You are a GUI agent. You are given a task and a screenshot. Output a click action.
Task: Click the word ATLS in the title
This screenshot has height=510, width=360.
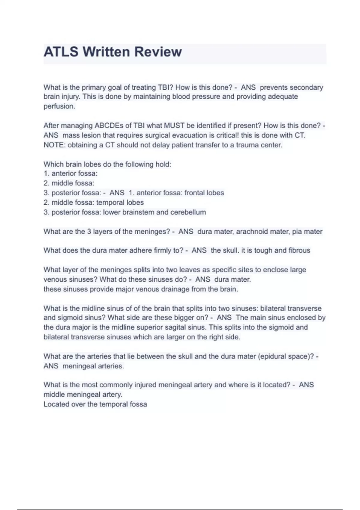click(x=61, y=52)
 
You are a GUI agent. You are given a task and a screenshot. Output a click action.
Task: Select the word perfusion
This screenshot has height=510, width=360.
click(x=59, y=106)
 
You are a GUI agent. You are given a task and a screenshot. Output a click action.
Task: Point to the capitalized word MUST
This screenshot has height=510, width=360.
click(x=174, y=125)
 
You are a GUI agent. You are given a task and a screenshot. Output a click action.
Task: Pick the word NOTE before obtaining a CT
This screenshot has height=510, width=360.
click(x=54, y=145)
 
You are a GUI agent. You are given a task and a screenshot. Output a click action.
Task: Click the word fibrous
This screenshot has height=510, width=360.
click(x=299, y=250)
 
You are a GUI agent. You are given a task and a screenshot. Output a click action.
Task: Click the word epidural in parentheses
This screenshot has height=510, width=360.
click(x=273, y=356)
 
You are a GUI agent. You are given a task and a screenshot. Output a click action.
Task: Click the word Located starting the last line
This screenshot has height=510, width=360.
click(x=55, y=404)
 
